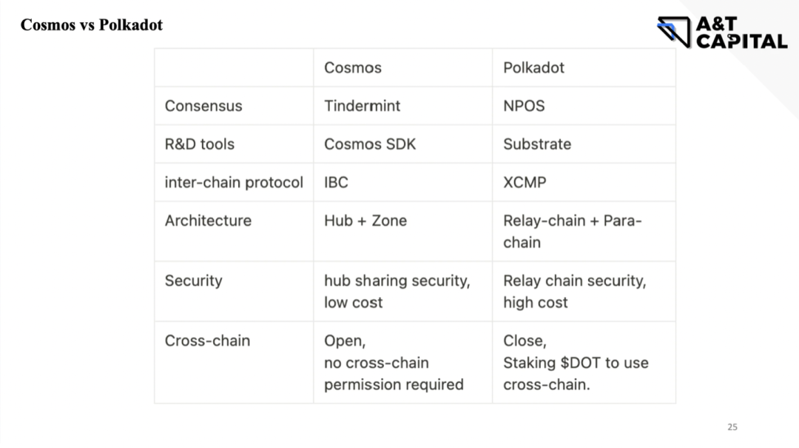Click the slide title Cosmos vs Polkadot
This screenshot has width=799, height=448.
point(91,25)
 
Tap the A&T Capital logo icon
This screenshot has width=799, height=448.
point(673,32)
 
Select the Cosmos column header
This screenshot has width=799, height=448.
point(353,67)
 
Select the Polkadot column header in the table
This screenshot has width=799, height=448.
point(533,67)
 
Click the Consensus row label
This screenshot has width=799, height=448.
point(203,106)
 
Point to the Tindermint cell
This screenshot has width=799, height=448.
point(362,106)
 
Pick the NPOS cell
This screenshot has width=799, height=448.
point(524,106)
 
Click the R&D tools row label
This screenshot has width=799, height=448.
point(200,144)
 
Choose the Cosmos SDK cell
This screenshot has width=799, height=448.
point(370,144)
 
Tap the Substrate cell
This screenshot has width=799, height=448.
point(537,144)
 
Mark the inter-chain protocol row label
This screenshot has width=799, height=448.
point(234,182)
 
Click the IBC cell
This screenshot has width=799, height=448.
point(336,182)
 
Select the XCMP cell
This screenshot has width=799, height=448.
point(525,182)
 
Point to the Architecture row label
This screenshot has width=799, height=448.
point(208,221)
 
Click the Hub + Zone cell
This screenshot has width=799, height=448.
point(365,221)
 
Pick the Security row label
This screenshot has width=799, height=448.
point(193,281)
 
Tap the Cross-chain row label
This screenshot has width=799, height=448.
point(207,341)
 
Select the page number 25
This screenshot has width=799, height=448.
point(732,427)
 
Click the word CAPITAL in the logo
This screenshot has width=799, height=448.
point(741,41)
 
